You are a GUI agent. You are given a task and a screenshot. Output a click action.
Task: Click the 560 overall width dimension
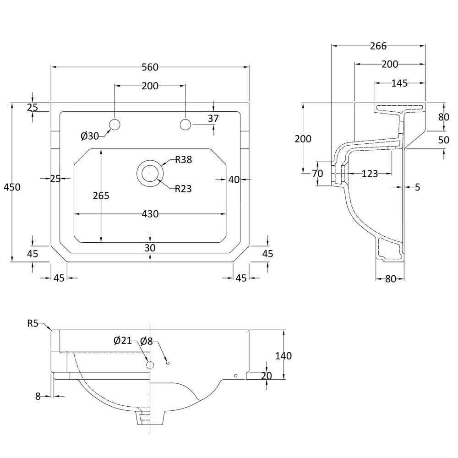150,67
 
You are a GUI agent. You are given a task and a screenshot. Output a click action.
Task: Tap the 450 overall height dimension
12,187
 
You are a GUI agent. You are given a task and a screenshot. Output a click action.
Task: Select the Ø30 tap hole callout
90,136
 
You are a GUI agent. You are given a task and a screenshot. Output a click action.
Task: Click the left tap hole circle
114,125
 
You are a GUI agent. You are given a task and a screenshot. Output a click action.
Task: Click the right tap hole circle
185,125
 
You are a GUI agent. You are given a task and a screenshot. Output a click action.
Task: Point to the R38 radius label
184,159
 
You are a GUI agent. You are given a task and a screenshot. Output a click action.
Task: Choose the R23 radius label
183,189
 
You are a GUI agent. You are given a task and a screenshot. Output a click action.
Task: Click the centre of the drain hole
150,173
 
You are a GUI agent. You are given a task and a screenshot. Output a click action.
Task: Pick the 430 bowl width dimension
150,214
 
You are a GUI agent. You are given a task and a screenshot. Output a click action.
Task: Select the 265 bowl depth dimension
101,196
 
